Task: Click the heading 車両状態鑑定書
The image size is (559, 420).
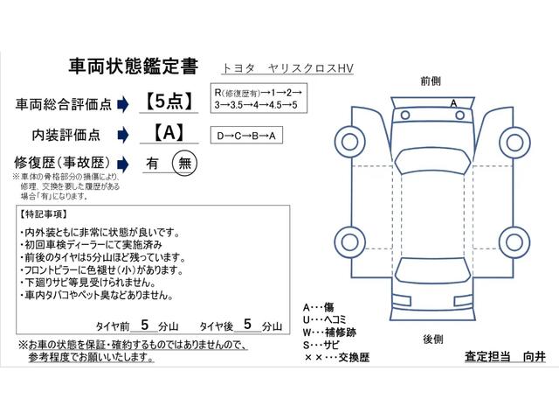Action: click(133, 66)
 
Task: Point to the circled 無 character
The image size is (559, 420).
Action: click(184, 163)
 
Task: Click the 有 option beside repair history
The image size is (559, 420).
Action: click(152, 163)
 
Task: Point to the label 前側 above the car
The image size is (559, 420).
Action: click(430, 80)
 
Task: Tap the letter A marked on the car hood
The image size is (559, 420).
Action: click(453, 102)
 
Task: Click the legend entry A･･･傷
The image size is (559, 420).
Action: click(319, 307)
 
